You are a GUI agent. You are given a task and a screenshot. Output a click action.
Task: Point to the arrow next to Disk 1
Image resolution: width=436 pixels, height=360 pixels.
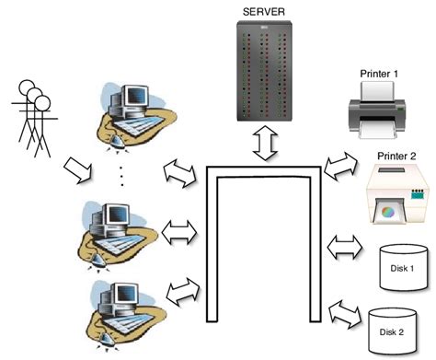(346, 246)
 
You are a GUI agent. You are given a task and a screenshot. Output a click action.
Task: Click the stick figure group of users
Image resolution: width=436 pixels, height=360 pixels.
(34, 115)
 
